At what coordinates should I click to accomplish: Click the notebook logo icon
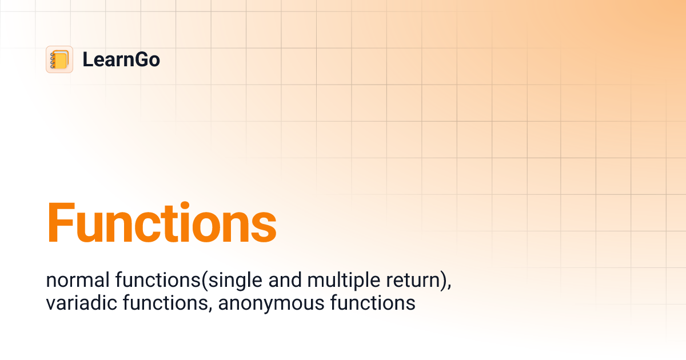pos(59,59)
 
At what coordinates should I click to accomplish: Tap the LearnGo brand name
pos(121,59)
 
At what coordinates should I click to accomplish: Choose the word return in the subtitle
pos(409,281)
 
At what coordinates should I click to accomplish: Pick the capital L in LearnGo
pos(87,59)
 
